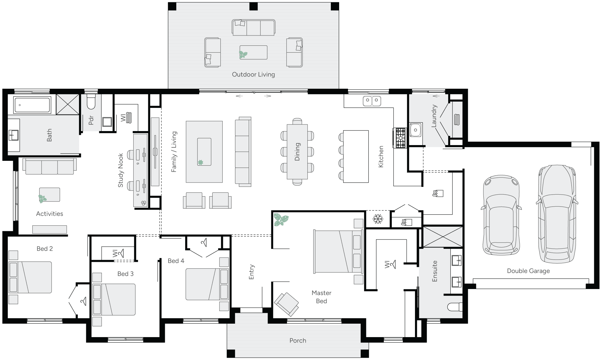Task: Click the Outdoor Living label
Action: [x=253, y=74]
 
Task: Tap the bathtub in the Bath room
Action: [x=32, y=105]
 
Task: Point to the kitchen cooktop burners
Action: [x=400, y=138]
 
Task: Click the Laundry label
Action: [x=434, y=116]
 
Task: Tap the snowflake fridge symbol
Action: [x=378, y=219]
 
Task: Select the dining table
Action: [x=297, y=152]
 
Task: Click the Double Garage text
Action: [x=528, y=271]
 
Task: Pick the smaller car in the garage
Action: [x=501, y=215]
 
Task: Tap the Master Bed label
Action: [x=321, y=297]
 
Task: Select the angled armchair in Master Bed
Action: [x=286, y=304]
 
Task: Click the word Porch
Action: [x=298, y=341]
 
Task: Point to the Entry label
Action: [x=251, y=272]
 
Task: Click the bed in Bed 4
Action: [x=207, y=284]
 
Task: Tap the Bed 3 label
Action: [x=125, y=274]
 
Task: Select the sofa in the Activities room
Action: [x=50, y=167]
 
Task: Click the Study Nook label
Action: [x=120, y=170]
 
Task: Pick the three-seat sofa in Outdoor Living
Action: [x=253, y=28]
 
